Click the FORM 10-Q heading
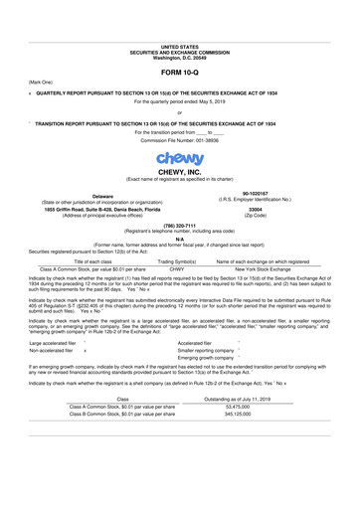tap(179, 73)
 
